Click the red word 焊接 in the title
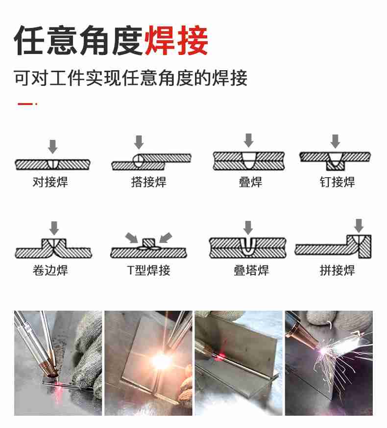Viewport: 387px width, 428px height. point(176,40)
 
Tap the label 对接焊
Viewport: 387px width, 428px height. point(50,182)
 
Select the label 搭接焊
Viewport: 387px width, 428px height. point(149,182)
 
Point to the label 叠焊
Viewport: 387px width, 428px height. point(250,182)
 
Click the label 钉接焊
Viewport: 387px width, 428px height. point(337,182)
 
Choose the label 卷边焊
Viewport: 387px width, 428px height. point(50,270)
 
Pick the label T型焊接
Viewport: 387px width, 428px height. point(149,270)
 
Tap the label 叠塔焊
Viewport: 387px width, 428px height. point(251,270)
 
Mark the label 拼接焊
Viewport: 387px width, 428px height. point(337,270)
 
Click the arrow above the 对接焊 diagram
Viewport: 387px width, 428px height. point(52,147)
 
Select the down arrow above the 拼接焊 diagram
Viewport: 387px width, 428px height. point(359,225)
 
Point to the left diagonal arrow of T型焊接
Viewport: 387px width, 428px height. point(132,238)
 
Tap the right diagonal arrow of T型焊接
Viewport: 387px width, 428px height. point(166,238)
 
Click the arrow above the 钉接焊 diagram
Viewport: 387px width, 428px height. point(335,141)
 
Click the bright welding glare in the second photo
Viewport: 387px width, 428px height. point(161,360)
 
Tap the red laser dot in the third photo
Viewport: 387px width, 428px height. point(220,356)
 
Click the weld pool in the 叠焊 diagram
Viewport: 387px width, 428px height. point(249,160)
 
